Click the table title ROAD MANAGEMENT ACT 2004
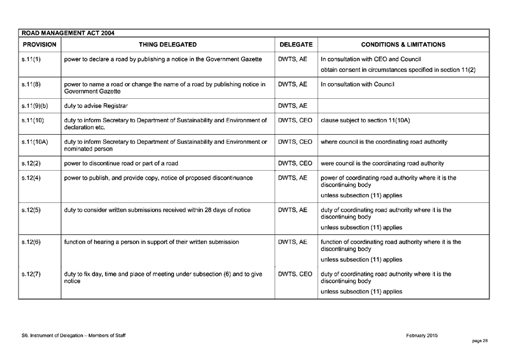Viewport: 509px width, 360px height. (67, 33)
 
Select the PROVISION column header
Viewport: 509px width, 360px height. (39, 44)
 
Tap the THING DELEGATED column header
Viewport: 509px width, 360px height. (168, 44)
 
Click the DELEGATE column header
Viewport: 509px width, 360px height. (296, 44)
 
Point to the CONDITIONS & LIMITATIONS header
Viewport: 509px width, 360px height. (403, 44)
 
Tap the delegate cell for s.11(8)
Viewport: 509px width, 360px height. (292, 84)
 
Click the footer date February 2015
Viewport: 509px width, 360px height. (421, 335)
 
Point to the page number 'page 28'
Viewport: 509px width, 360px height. (480, 341)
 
